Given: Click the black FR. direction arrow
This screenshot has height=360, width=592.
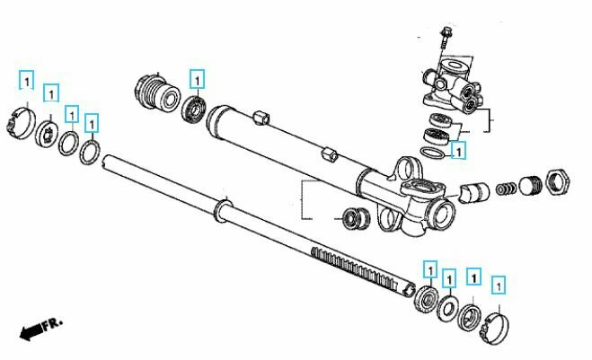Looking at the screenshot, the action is tap(31, 332).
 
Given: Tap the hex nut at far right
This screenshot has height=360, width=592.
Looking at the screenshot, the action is tap(558, 182).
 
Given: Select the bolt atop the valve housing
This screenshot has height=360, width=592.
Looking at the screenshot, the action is tap(446, 38).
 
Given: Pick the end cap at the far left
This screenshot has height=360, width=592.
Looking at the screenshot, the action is tap(22, 123).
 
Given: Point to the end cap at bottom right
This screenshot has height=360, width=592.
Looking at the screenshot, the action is tap(494, 328).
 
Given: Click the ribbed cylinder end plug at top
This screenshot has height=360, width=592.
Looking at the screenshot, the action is tap(156, 93).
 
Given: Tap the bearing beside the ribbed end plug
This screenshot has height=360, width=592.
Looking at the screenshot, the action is tap(194, 109).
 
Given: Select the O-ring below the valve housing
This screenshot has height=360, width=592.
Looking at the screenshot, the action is tap(432, 154).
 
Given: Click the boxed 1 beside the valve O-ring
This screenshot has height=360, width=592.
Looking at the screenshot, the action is tap(458, 151).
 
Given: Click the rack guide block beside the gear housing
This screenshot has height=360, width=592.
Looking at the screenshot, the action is tap(474, 192).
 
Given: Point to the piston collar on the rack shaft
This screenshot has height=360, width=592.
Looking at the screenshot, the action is tap(223, 211).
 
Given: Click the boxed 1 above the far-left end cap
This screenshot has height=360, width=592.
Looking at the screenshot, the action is tap(26, 80).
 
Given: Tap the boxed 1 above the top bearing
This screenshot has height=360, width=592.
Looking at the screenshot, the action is tap(197, 79).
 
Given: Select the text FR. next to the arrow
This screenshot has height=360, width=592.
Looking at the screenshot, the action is tap(52, 324).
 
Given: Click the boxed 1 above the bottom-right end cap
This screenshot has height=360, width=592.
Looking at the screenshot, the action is tap(499, 285).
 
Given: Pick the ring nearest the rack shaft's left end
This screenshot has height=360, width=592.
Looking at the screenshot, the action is tap(90, 153).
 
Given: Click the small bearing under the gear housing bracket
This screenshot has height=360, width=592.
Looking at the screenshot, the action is tap(356, 218).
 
